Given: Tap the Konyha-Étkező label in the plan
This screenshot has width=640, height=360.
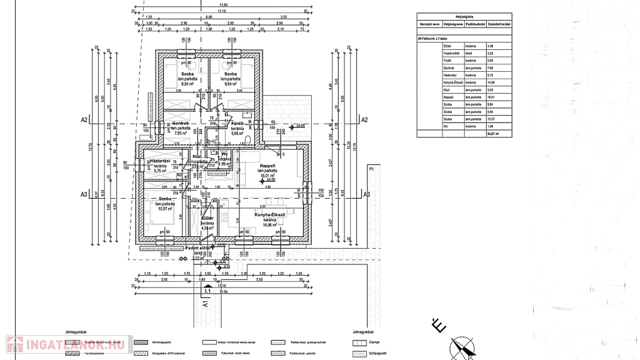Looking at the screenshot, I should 269,214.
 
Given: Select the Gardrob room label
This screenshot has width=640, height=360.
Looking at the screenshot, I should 181,123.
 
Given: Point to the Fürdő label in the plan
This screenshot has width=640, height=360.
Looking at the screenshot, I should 237,123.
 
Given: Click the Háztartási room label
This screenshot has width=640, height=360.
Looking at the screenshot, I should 161,161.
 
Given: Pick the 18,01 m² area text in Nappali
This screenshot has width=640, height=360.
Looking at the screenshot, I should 269,176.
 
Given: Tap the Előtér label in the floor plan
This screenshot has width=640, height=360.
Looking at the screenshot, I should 207,218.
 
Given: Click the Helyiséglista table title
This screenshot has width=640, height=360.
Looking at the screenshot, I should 464,17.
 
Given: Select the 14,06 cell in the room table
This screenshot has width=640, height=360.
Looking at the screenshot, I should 490,82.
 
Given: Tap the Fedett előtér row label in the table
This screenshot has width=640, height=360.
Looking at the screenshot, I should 451,53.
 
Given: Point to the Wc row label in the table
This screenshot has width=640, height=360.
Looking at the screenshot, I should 447,126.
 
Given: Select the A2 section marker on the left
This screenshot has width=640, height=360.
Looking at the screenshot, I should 84,119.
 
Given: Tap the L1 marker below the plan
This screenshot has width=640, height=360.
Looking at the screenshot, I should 207,291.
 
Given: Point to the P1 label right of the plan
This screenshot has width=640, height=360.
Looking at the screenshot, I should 371,169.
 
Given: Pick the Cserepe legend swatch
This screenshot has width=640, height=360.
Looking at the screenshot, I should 360,342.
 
